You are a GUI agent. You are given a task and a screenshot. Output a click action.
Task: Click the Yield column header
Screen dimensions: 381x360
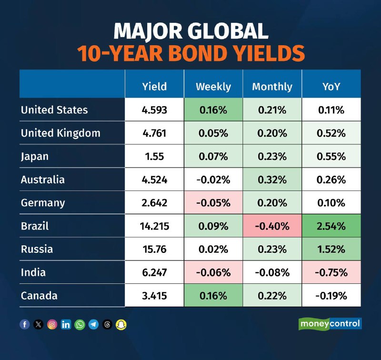[x=154, y=87]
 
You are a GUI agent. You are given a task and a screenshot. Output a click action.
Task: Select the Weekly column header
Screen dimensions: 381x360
[x=213, y=87]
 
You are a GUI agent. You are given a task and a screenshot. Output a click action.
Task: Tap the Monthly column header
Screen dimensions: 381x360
[x=272, y=87]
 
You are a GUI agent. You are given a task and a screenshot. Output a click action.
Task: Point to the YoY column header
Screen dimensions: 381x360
[x=331, y=87]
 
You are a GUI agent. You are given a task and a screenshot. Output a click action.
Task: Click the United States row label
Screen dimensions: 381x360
[x=54, y=110]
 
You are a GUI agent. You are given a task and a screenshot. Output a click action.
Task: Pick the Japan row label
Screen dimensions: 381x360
[x=35, y=157]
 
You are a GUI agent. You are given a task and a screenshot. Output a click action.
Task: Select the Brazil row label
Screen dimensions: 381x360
[x=35, y=226]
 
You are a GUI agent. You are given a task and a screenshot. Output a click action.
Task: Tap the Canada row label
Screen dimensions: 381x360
[x=39, y=296]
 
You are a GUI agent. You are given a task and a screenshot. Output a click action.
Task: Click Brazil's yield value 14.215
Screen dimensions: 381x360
[x=154, y=226]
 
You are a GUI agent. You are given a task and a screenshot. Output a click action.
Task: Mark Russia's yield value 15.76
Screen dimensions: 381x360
[x=154, y=249]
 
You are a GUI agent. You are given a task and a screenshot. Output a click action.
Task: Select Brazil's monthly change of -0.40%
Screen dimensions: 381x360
[x=272, y=226]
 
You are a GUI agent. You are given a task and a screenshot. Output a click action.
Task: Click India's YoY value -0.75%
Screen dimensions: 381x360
[x=331, y=272]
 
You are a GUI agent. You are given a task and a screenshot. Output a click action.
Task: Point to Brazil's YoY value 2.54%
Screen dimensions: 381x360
[x=331, y=226]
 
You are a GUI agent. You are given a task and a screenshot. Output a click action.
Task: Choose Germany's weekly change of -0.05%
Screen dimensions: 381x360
[x=213, y=203]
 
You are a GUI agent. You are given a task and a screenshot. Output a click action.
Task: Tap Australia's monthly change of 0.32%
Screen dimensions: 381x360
[x=272, y=180]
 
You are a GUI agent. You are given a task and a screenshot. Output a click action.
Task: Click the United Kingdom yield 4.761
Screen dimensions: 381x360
[x=154, y=133]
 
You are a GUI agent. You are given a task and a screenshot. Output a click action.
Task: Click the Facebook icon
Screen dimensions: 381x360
[x=25, y=325]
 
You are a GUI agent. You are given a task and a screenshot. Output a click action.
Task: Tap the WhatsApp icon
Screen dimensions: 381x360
[x=80, y=325]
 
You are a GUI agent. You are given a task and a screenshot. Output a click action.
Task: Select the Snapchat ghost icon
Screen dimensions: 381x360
[x=121, y=325]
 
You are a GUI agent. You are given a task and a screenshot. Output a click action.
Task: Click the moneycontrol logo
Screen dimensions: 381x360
[x=330, y=324]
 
